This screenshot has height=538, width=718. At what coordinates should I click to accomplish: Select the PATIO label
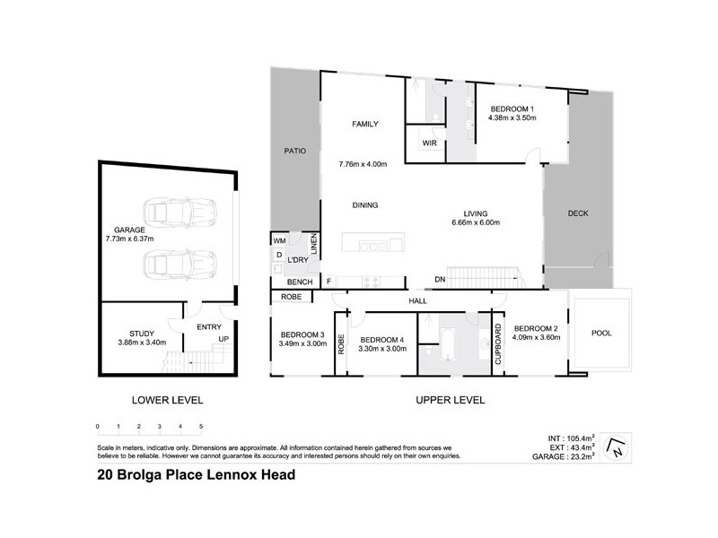pyautogui.click(x=294, y=151)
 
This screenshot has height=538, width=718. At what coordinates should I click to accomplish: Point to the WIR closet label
pyautogui.click(x=429, y=143)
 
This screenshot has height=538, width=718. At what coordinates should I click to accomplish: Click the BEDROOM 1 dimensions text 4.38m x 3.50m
pyautogui.click(x=511, y=117)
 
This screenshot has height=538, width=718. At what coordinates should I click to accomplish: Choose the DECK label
pyautogui.click(x=579, y=213)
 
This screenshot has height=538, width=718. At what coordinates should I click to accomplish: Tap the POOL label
pyautogui.click(x=602, y=333)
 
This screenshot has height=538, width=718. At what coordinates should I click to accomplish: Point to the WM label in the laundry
pyautogui.click(x=279, y=240)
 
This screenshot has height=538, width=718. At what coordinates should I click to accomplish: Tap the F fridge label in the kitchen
pyautogui.click(x=328, y=282)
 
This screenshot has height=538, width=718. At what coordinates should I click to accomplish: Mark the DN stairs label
pyautogui.click(x=440, y=280)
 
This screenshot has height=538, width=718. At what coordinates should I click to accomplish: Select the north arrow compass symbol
pyautogui.click(x=615, y=446)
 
